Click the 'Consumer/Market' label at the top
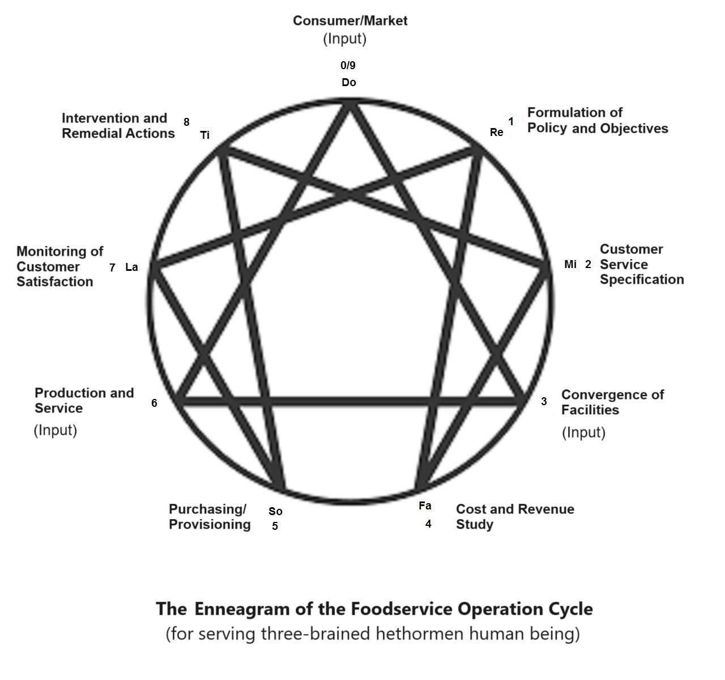coord(349,21)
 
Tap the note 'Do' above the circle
coord(349,83)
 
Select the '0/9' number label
coord(348,66)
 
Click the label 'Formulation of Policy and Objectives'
coord(597,121)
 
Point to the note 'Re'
coord(496,133)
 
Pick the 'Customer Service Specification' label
coord(641,265)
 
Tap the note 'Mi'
coord(570,265)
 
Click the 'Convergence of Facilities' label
coord(612,402)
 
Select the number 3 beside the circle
coord(544,402)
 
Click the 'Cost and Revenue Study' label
coord(514,517)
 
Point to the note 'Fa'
coord(425,506)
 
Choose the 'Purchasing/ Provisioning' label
coord(210,517)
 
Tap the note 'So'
coord(275,512)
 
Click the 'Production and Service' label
coord(84,401)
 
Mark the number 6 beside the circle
coord(154,403)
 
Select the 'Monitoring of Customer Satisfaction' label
coord(59,266)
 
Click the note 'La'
coord(131,267)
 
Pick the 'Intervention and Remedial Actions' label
coord(118,126)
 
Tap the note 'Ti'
coord(205,135)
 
